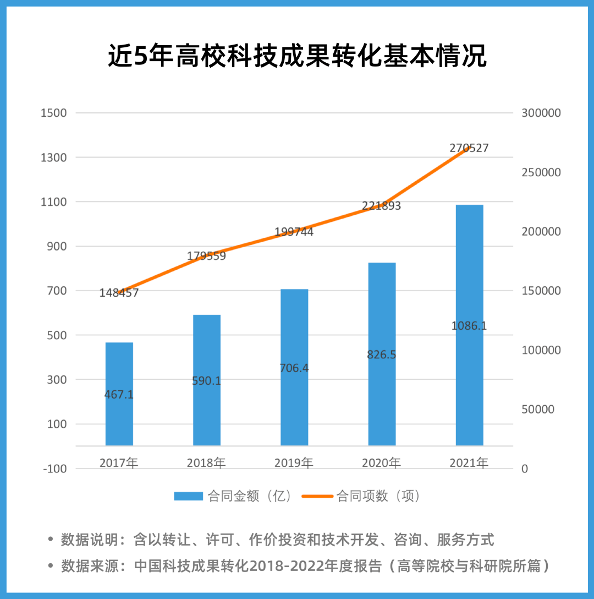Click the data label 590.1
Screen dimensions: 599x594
point(206,380)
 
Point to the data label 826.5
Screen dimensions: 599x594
point(382,355)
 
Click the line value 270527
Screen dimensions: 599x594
point(469,148)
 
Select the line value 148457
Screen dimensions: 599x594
point(119,293)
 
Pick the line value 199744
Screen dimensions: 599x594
point(294,232)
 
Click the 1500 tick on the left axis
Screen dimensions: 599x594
point(54,113)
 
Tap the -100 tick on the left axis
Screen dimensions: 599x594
point(54,469)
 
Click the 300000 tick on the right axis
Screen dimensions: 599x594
point(541,113)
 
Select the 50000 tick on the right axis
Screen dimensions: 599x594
point(538,409)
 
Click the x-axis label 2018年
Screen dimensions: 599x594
point(206,463)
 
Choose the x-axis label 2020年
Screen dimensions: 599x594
point(381,463)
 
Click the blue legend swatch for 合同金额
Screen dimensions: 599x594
point(189,496)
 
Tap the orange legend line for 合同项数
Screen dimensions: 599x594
point(317,496)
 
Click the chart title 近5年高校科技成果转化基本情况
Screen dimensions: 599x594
point(297,57)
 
